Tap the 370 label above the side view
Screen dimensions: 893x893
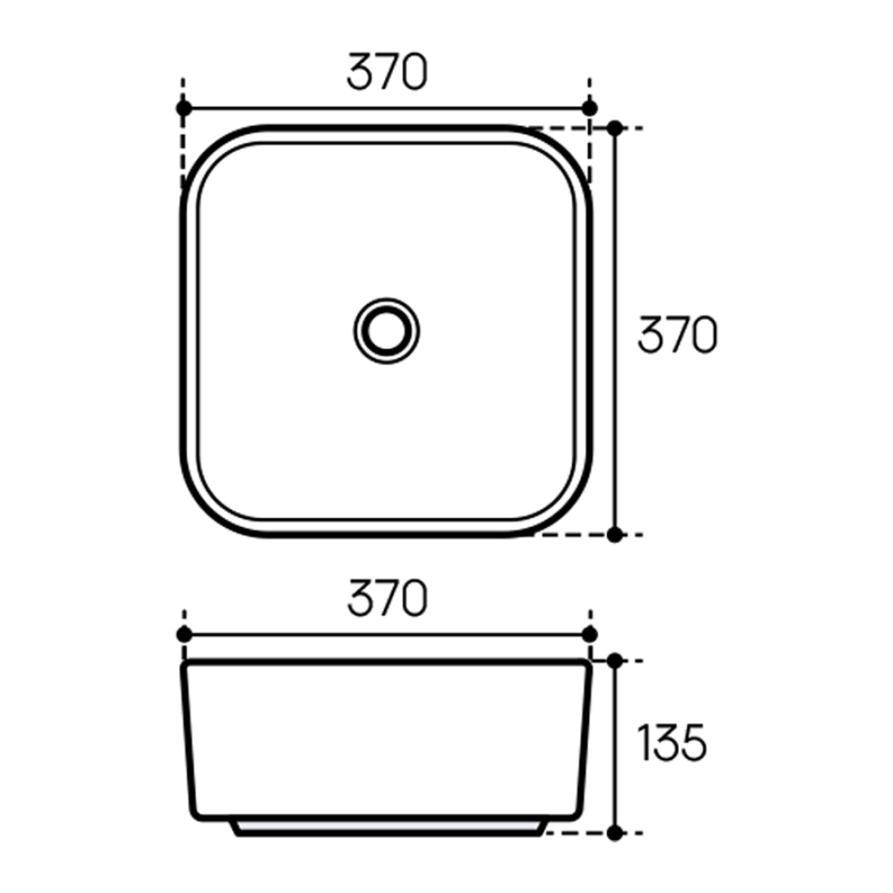pos(387,599)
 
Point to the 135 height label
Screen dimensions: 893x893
pos(672,743)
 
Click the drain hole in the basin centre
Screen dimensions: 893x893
pos(386,330)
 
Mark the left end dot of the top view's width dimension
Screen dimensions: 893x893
pos(184,108)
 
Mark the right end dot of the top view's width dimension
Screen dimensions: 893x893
pos(588,108)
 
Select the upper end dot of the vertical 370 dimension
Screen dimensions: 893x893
pos(614,129)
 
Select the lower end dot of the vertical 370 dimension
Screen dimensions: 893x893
pos(614,534)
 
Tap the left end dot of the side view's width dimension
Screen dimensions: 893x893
pos(184,634)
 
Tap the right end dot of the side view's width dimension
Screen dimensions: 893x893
pos(588,634)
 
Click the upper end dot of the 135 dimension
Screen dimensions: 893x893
pos(614,661)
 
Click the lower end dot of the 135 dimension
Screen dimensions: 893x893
pos(614,832)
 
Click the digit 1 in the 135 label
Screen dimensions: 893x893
pos(642,743)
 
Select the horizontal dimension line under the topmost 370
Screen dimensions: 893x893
pos(386,108)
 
